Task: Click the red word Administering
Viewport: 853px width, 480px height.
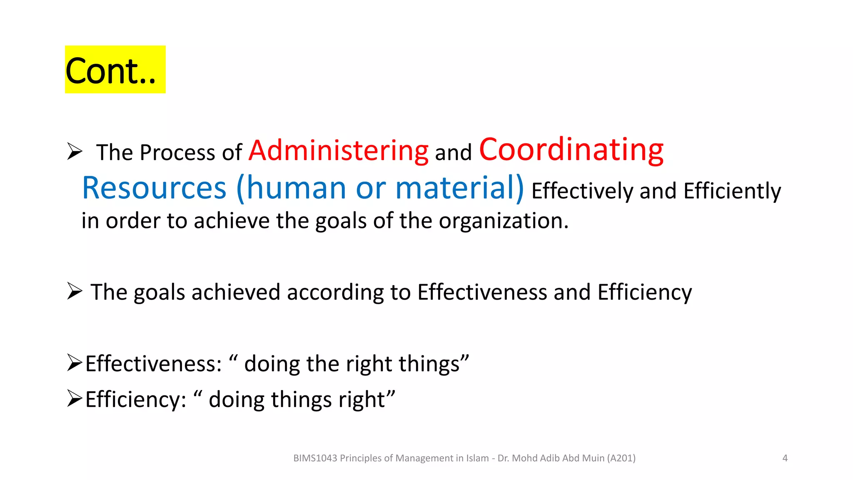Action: pos(338,151)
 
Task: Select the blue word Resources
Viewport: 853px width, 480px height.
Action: pos(154,188)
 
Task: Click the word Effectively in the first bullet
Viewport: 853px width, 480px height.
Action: pos(582,191)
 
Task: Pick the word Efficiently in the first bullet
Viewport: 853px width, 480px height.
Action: pos(732,191)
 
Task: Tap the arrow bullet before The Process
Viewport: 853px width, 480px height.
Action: pos(75,151)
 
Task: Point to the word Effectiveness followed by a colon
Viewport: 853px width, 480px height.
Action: pos(153,364)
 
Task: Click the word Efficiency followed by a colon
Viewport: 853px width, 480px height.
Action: pos(135,400)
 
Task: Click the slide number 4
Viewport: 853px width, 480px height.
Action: pos(785,458)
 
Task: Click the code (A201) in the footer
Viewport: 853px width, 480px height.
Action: pos(621,458)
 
